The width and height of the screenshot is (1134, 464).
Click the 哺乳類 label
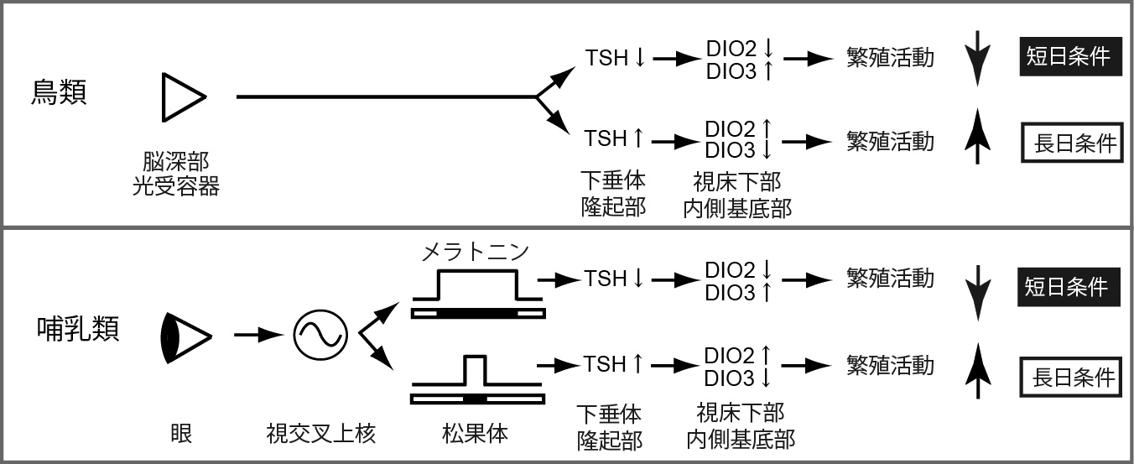pyautogui.click(x=78, y=328)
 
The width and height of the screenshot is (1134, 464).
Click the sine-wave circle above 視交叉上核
pyautogui.click(x=320, y=335)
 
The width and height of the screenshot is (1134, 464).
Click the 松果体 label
pyautogui.click(x=476, y=434)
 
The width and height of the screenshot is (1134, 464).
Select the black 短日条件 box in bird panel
pyautogui.click(x=1070, y=56)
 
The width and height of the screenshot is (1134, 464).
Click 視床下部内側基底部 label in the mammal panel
pyautogui.click(x=739, y=425)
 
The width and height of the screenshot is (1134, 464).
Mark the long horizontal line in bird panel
pyautogui.click(x=386, y=97)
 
